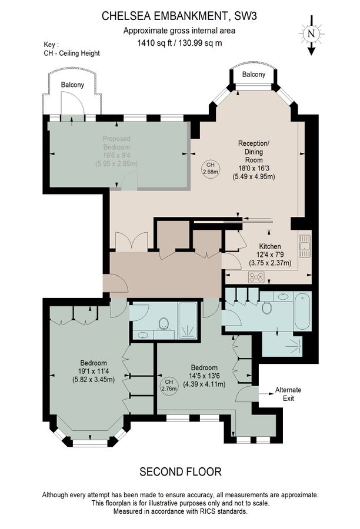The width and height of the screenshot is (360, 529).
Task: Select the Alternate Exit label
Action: (288, 394)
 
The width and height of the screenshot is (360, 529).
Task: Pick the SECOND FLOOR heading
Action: (180, 471)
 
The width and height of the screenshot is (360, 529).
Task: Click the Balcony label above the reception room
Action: (254, 75)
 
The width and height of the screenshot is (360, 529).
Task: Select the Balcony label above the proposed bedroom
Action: (72, 85)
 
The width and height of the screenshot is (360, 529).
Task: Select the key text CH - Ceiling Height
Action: (72, 53)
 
